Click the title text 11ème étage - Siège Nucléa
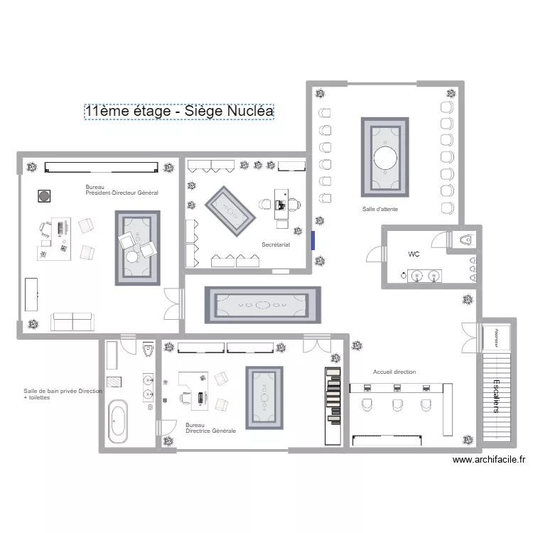click(178, 112)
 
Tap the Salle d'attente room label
click(379, 210)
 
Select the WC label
click(414, 254)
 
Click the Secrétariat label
click(276, 244)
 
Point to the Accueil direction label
click(394, 372)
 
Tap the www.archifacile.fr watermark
click(489, 460)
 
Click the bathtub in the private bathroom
click(117, 423)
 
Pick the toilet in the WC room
click(466, 239)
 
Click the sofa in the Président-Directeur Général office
click(72, 322)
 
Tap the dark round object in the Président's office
click(43, 195)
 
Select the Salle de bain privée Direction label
click(63, 394)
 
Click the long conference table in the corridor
click(262, 305)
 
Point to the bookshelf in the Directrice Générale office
click(333, 398)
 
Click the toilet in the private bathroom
click(148, 350)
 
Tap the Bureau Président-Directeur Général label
click(121, 190)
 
